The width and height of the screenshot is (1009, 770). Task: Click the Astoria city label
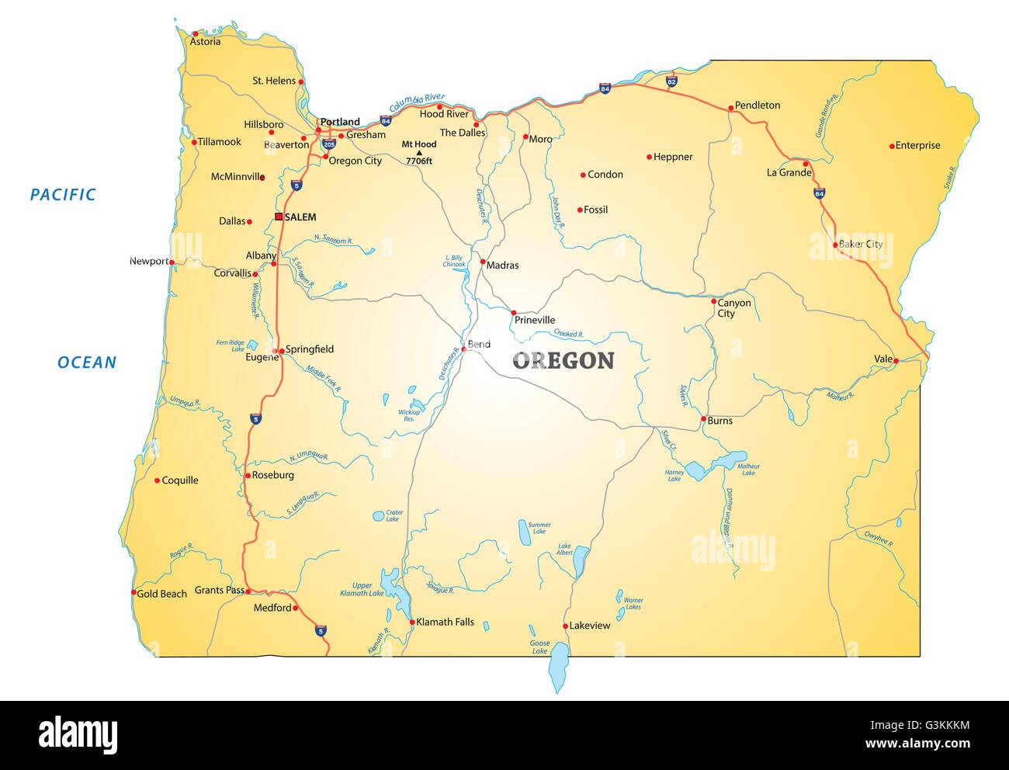click(x=206, y=42)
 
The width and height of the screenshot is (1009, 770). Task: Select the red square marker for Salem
click(x=279, y=217)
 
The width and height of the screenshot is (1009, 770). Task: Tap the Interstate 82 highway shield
click(x=671, y=81)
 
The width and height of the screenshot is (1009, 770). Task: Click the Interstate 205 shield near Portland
click(x=329, y=144)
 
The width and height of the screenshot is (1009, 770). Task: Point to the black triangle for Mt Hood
click(x=419, y=153)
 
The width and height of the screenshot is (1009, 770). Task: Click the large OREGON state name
click(x=563, y=360)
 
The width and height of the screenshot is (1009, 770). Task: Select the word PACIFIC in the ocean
click(x=63, y=195)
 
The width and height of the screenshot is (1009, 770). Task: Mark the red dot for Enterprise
click(x=891, y=145)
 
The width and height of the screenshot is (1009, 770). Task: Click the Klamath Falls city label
click(x=445, y=623)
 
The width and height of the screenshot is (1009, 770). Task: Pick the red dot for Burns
click(x=703, y=420)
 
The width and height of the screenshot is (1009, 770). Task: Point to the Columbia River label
click(x=417, y=102)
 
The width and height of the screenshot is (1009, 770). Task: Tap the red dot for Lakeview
click(x=565, y=626)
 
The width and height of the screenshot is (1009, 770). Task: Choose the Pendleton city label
click(x=757, y=106)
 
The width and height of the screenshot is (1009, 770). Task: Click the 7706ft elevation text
click(x=419, y=161)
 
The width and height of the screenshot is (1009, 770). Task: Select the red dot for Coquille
click(x=157, y=480)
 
